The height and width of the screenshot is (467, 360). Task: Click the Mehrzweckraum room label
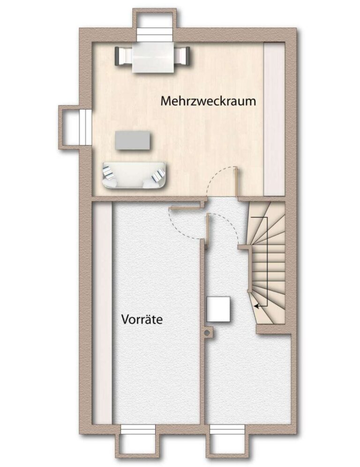pyautogui.click(x=208, y=101)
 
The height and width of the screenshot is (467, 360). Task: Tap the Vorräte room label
pyautogui.click(x=142, y=320)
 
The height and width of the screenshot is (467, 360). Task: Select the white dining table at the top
pyautogui.click(x=153, y=57)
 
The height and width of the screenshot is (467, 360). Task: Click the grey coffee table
pyautogui.click(x=133, y=140)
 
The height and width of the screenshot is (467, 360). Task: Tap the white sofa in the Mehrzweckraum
pyautogui.click(x=134, y=175)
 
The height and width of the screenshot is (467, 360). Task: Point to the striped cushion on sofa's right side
pyautogui.click(x=158, y=175)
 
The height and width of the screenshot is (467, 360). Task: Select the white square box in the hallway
pyautogui.click(x=218, y=309)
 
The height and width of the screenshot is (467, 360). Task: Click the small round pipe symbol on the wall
pyautogui.click(x=206, y=333)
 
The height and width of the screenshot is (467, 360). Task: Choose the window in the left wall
pyautogui.click(x=85, y=127)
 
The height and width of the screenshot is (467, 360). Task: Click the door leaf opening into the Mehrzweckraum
pyautogui.click(x=236, y=181)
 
